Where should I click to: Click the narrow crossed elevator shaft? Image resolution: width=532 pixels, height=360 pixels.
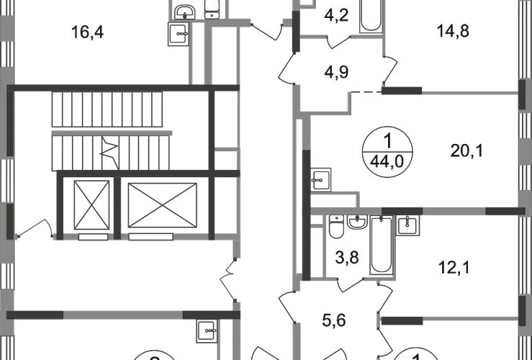(89, 204)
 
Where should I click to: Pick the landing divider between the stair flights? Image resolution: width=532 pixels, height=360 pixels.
(113, 132)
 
